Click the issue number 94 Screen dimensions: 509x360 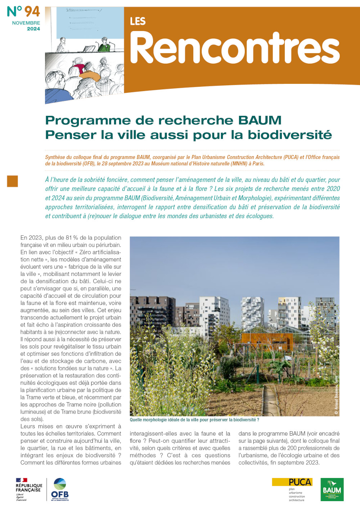tap(32, 12)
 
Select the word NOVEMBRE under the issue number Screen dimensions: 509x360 tap(26, 23)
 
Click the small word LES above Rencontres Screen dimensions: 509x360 tap(138, 22)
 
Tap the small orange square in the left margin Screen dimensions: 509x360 tap(12, 181)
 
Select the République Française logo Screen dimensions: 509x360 tap(29, 490)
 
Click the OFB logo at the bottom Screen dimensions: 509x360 tap(60, 490)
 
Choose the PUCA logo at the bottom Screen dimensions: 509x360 tap(292, 489)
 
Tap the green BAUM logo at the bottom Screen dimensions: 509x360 tap(332, 490)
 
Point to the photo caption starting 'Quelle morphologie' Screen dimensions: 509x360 tap(194, 420)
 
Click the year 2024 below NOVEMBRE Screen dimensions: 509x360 tap(33, 29)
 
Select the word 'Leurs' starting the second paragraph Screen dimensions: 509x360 tap(28, 427)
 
